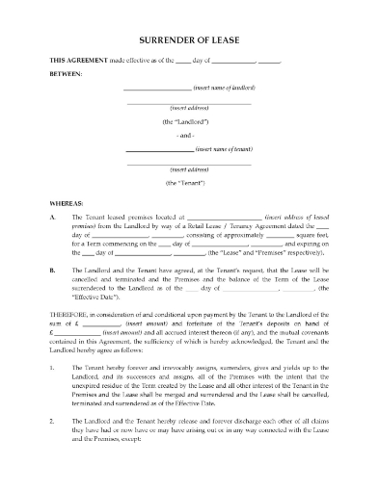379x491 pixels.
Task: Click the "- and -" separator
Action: pyautogui.click(x=189, y=137)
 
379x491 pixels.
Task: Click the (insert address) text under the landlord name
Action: pyautogui.click(x=189, y=109)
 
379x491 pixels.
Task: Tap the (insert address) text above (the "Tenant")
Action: pyautogui.click(x=189, y=169)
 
